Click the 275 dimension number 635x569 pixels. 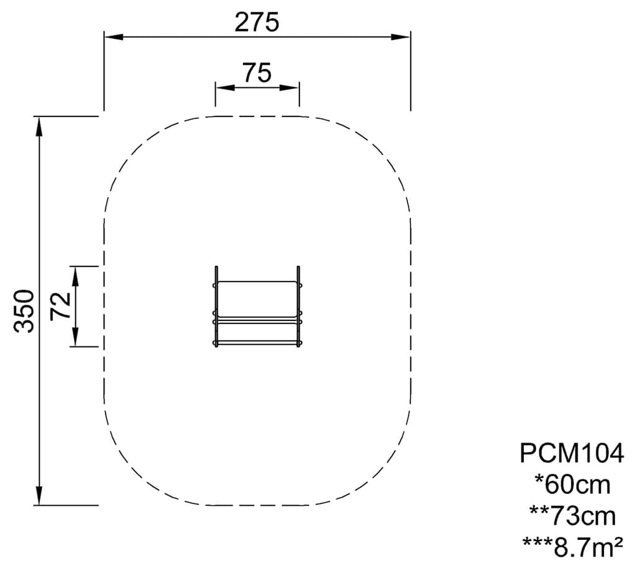pyautogui.click(x=257, y=22)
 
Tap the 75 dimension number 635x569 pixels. pyautogui.click(x=257, y=73)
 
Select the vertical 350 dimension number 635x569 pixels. pyautogui.click(x=24, y=311)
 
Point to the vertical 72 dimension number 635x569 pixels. pyautogui.click(x=60, y=306)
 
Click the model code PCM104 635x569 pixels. pyautogui.click(x=572, y=453)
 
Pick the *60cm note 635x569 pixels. pyautogui.click(x=572, y=485)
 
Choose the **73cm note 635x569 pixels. pyautogui.click(x=572, y=516)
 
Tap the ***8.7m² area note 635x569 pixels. pyautogui.click(x=572, y=547)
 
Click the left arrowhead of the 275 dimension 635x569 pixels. pyautogui.click(x=114, y=37)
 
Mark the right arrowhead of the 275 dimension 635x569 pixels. pyautogui.click(x=401, y=37)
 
